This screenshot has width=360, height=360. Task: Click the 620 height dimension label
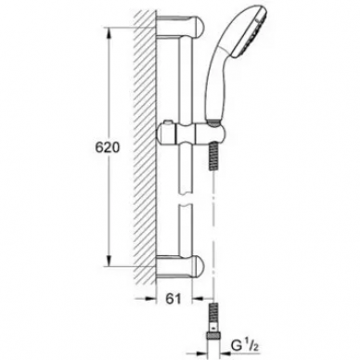click(107, 148)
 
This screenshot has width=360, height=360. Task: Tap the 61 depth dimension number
click(174, 299)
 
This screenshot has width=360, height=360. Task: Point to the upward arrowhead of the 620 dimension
click(109, 33)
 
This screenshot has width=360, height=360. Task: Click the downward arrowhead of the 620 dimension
click(109, 261)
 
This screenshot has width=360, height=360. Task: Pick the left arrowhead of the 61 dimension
click(150, 299)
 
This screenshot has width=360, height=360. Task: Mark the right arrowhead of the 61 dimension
click(198, 299)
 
